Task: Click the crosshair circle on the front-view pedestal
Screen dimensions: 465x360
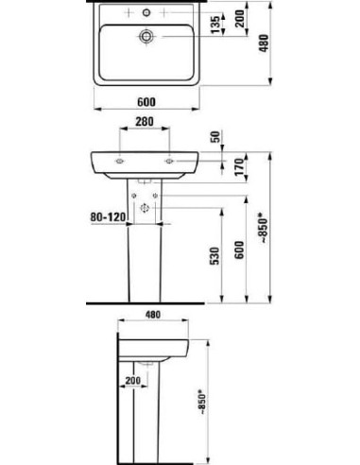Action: pos(145,207)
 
